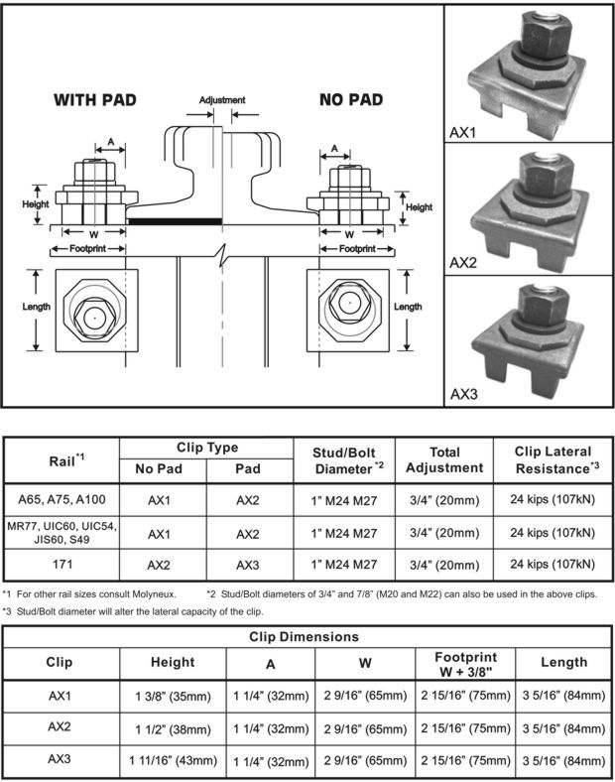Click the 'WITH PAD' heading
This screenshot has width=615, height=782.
click(x=95, y=99)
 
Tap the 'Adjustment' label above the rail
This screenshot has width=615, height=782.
click(x=221, y=100)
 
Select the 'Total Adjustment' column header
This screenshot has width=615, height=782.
click(x=443, y=459)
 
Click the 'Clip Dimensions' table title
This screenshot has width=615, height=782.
click(x=307, y=636)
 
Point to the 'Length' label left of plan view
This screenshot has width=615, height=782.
click(x=37, y=307)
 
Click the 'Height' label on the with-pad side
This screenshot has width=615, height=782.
click(x=36, y=204)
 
